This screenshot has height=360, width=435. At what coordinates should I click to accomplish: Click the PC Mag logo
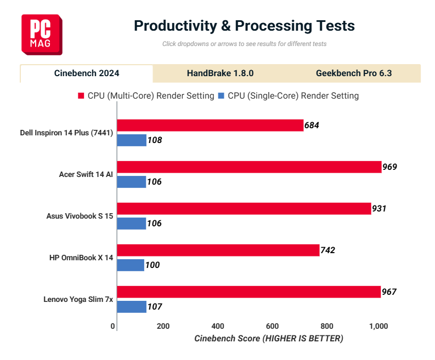(42, 35)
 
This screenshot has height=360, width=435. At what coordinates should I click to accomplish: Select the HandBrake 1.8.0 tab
(220, 73)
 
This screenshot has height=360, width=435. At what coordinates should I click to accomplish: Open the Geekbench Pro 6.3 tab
(354, 73)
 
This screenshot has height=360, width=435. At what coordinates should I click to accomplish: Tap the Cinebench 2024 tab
(87, 73)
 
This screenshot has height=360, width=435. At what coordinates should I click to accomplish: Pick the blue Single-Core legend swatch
(222, 96)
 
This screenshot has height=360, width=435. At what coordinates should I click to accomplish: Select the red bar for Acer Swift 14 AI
(249, 167)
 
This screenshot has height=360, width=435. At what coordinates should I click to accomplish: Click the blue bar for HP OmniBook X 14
(131, 265)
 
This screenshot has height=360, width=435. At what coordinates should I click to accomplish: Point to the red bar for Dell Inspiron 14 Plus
(210, 125)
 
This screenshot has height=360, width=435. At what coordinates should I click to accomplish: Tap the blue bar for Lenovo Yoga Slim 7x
(132, 307)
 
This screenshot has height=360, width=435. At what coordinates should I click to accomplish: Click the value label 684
(312, 125)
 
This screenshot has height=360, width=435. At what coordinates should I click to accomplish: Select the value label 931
(380, 209)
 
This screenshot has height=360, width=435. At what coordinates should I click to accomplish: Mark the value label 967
(389, 292)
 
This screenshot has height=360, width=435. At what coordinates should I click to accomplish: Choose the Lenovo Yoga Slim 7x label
(78, 299)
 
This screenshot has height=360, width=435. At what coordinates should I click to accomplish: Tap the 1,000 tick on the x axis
(378, 326)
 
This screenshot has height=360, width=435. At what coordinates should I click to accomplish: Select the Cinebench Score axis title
(269, 339)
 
